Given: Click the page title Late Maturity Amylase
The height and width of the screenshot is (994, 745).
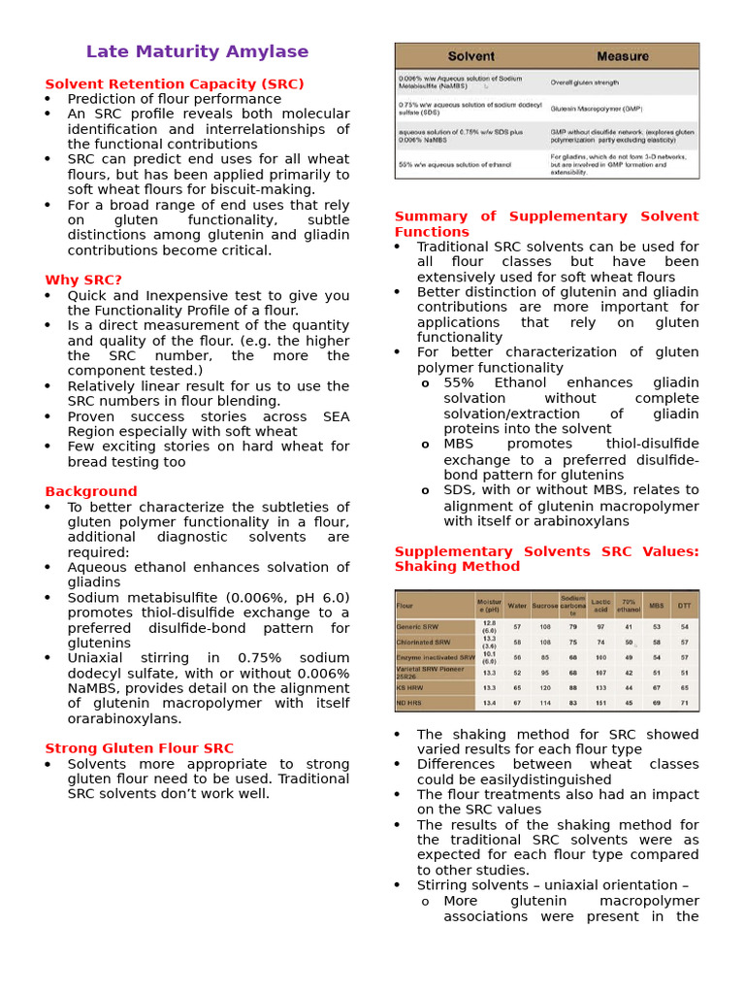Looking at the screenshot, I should tap(197, 52).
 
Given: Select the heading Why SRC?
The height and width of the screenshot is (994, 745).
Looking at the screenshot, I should tap(83, 281).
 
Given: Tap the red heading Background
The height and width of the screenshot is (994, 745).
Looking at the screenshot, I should tap(91, 492).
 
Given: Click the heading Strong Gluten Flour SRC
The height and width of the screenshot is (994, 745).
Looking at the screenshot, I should tap(139, 748).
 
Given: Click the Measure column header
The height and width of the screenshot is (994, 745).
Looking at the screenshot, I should tap(622, 56).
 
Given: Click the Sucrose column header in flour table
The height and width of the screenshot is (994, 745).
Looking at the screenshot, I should tap(545, 605).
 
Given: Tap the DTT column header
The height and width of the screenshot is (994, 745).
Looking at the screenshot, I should tap(684, 605).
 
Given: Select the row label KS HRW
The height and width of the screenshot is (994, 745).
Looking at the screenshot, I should tap(411, 687).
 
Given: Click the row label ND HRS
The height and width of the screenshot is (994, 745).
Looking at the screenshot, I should tap(411, 703).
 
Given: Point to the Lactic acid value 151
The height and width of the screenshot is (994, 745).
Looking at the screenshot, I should tap(600, 703).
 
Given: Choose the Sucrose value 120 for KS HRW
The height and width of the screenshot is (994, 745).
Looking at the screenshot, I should tap(545, 687).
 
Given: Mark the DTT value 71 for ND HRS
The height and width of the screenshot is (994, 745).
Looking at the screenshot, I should tap(684, 703).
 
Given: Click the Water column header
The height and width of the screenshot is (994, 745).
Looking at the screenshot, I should tap(517, 605).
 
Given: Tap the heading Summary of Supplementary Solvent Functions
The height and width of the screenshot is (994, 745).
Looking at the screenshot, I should tap(546, 224).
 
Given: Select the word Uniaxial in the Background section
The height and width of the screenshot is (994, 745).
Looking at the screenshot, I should tap(94, 658).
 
